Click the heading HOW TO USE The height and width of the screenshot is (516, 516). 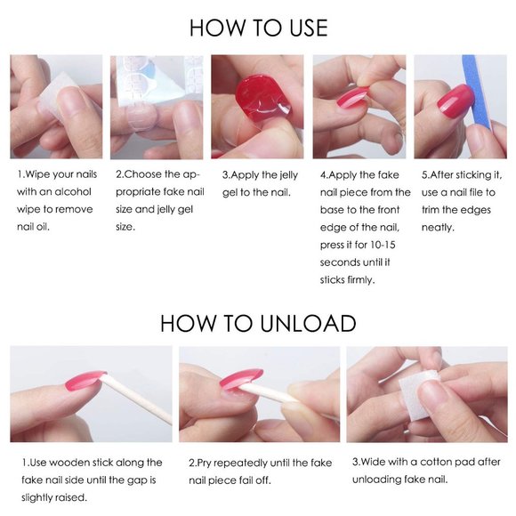pyautogui.click(x=258, y=28)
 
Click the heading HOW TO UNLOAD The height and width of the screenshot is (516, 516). pyautogui.click(x=258, y=323)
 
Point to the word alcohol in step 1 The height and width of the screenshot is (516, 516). pyautogui.click(x=72, y=191)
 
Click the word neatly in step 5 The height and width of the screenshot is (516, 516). pyautogui.click(x=438, y=228)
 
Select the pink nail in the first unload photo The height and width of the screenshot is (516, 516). pyautogui.click(x=85, y=380)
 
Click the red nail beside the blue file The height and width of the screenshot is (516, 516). pyautogui.click(x=455, y=98)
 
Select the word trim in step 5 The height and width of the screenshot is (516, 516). pyautogui.click(x=430, y=210)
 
